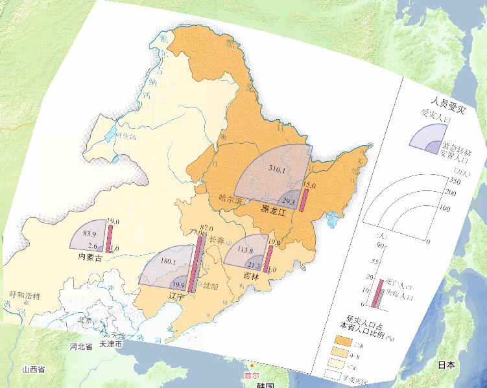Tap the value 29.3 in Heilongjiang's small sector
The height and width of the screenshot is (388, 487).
tap(289, 201)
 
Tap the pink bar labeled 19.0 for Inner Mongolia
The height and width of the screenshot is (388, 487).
tap(110, 237)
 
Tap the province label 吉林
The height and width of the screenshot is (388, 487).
tap(251, 276)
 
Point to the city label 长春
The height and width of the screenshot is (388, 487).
tap(217, 239)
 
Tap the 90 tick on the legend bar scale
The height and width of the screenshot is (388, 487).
tap(382, 245)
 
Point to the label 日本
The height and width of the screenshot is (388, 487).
tap(445, 365)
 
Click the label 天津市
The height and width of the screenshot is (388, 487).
tap(110, 345)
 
